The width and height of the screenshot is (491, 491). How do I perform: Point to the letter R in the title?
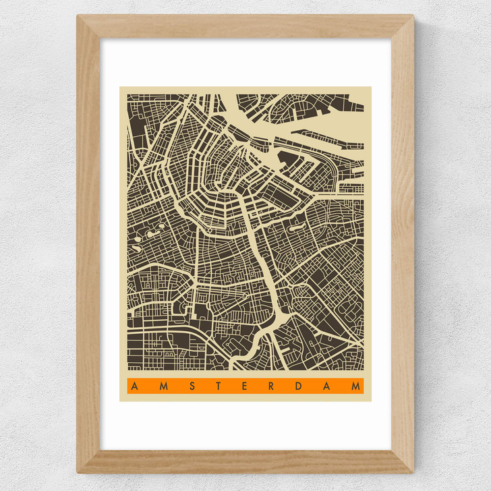(x=270, y=386)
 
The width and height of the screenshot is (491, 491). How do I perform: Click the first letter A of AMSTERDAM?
(x=134, y=386)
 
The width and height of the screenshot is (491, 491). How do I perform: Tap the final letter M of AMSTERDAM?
(x=355, y=386)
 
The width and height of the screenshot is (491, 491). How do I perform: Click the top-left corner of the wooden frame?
(x=78, y=16)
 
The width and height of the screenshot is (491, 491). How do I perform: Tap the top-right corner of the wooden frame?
(x=413, y=16)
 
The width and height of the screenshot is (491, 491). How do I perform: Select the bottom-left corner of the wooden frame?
(x=78, y=471)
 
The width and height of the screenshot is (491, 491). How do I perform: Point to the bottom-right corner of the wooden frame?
(x=413, y=471)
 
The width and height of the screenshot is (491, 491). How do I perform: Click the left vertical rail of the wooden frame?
(x=88, y=243)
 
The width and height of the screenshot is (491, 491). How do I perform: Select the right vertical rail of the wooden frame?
(x=403, y=243)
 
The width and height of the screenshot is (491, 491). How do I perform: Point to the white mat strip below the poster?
(x=246, y=425)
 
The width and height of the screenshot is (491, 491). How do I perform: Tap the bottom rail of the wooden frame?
(x=246, y=461)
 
